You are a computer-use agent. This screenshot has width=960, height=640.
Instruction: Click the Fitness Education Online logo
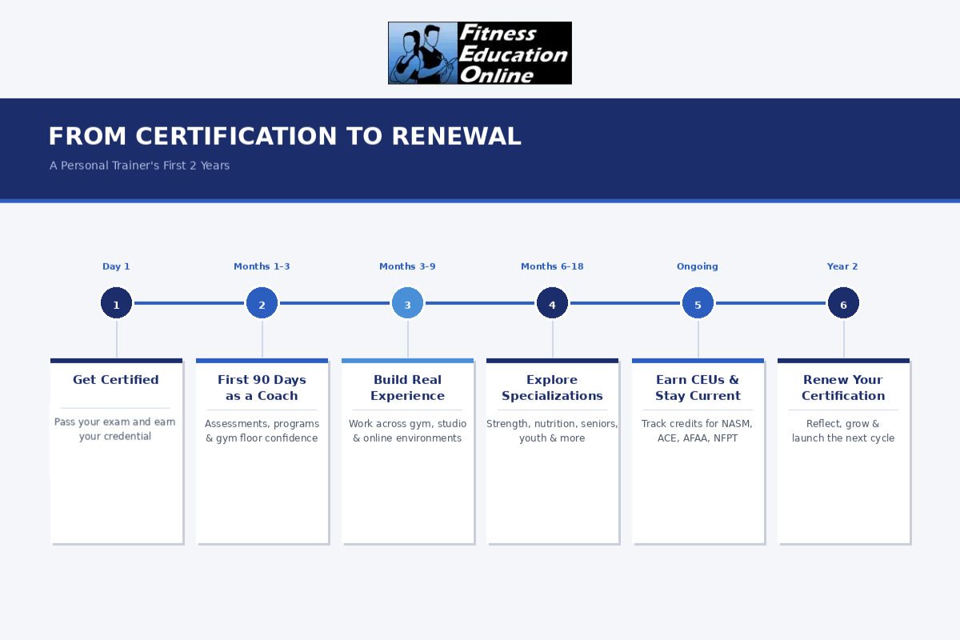coord(479,53)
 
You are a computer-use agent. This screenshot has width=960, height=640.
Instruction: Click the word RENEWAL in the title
coord(457,136)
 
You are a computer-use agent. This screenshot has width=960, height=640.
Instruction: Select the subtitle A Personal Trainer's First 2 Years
coord(139,166)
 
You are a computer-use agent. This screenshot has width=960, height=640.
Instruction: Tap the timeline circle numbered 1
coord(116,303)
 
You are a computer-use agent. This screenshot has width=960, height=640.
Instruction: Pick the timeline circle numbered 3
coord(407,303)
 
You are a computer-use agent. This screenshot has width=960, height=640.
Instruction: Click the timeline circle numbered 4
coord(552,303)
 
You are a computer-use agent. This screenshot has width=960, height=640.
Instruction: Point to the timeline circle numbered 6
coord(843,303)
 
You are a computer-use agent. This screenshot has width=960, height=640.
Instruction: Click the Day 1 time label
coord(116,266)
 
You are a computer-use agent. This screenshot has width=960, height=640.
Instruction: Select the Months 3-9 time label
coord(407,266)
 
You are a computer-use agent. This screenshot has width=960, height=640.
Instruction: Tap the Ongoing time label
coord(698,266)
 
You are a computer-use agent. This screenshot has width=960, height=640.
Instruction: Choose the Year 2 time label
coord(842,266)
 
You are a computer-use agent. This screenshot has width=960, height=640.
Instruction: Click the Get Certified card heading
coord(116,380)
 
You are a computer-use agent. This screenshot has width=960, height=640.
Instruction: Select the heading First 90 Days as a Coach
coord(262,387)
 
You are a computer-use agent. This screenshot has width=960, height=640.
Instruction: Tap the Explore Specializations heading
coord(552,387)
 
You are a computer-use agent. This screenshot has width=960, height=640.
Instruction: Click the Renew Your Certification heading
coord(843,387)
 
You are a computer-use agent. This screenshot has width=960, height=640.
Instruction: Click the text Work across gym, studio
coord(407,423)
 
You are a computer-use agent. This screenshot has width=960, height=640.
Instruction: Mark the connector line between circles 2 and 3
coord(334,303)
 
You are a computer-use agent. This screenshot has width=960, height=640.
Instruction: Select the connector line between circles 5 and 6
coord(770,303)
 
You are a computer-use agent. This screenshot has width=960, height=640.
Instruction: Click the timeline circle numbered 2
coord(262,303)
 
